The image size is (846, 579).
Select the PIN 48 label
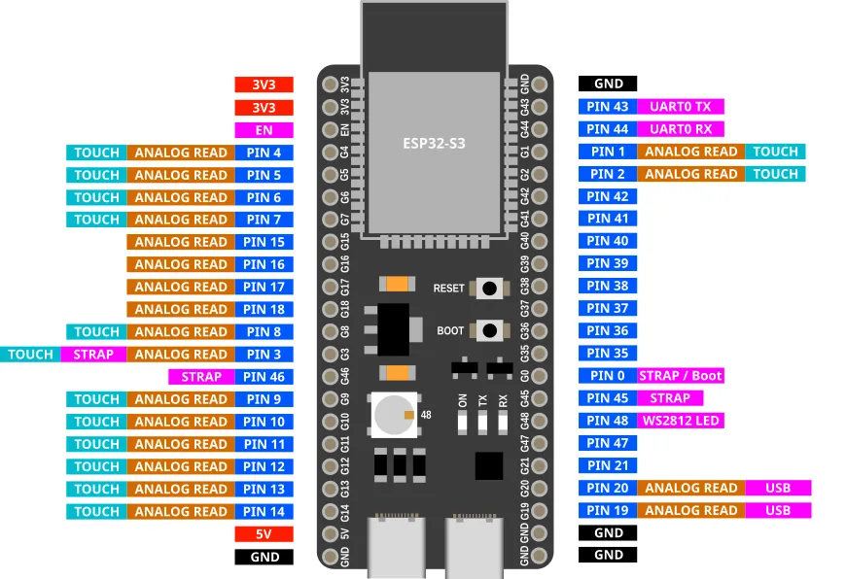point(608,421)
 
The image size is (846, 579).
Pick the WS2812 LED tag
point(680,421)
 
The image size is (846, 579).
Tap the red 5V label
point(264,534)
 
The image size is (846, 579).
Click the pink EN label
point(264,129)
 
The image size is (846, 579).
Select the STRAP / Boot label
point(681,376)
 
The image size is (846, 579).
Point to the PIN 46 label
point(264,377)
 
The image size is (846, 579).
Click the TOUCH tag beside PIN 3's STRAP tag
point(30,355)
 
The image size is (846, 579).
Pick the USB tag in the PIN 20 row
point(778,488)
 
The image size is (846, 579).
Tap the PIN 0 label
point(608,376)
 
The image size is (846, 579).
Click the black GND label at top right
point(608,85)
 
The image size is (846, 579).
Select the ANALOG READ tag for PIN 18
point(180,310)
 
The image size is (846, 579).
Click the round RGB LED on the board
point(392,415)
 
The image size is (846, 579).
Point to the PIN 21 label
point(608,465)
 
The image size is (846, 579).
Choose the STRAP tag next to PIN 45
point(669,398)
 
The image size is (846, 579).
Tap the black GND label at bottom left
point(264,557)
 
